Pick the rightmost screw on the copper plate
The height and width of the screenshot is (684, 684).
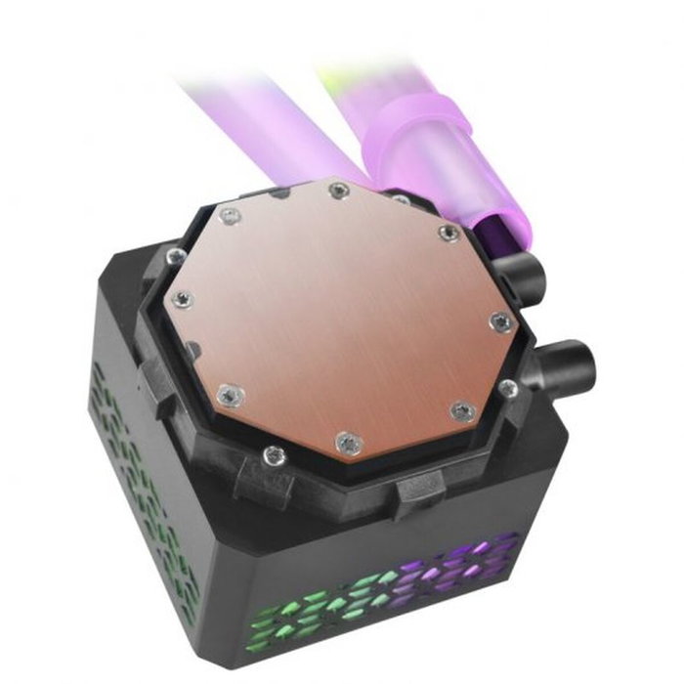pos(497,321)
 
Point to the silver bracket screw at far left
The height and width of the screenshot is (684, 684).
pos(174,257)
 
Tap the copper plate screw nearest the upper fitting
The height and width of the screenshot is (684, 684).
pos(448,232)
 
